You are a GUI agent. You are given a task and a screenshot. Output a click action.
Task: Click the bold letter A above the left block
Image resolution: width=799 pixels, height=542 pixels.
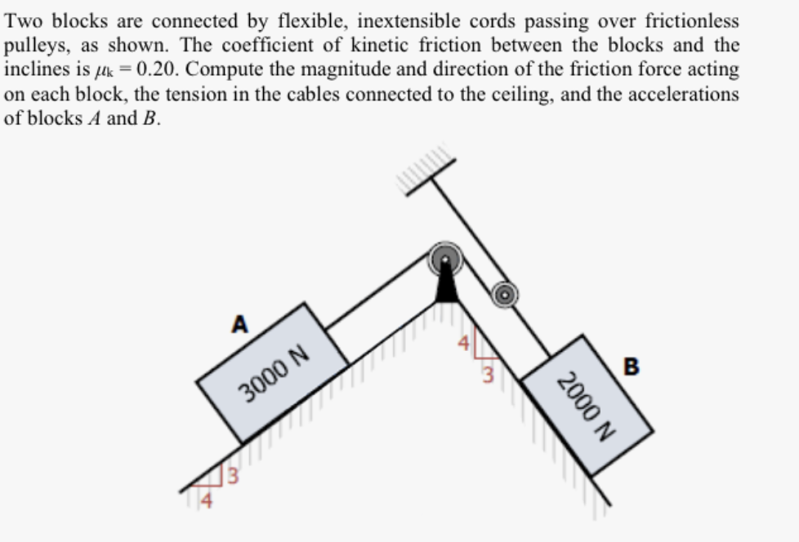click(x=239, y=324)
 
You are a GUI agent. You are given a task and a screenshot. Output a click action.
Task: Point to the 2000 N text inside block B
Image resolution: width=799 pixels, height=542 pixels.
click(x=585, y=405)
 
